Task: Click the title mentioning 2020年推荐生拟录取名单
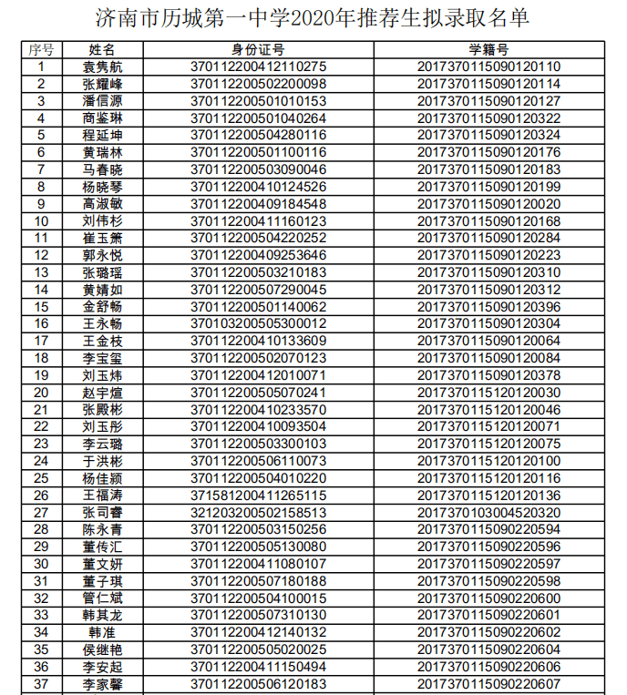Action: tap(313, 18)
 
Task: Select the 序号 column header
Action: tap(41, 49)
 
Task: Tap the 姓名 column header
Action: tap(102, 49)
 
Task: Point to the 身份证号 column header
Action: tap(258, 49)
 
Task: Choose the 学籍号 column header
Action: tap(488, 49)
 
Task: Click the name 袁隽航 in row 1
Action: tap(102, 66)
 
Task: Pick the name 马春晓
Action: tap(102, 169)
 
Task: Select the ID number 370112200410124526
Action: tap(258, 187)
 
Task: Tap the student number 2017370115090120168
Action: tap(488, 220)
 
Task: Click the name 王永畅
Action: tap(102, 323)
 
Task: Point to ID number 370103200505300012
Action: tap(258, 323)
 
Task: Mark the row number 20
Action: tap(41, 393)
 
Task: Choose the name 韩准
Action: tap(102, 632)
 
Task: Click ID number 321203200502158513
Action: tap(258, 512)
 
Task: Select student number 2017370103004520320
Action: tap(488, 512)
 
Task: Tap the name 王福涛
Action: tap(102, 496)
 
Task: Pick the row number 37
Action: tap(41, 683)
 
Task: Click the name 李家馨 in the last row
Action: tap(102, 683)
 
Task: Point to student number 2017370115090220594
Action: tap(488, 529)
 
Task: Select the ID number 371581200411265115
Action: tap(258, 496)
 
